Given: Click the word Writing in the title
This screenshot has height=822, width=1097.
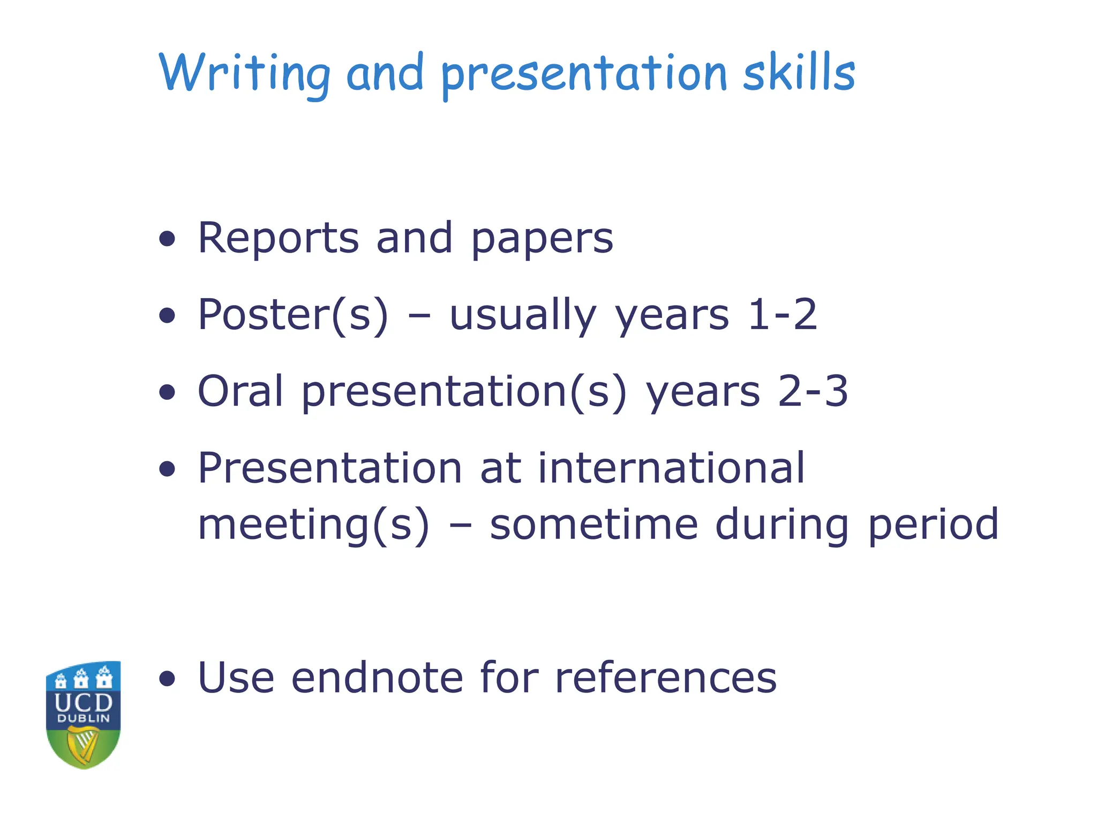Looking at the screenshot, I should [x=244, y=74].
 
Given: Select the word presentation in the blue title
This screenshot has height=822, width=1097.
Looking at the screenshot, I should [x=584, y=75].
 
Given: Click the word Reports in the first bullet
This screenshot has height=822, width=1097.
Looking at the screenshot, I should [x=278, y=238].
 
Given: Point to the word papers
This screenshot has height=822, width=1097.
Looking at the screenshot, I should [x=542, y=239].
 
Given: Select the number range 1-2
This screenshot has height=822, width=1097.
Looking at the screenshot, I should [x=782, y=315].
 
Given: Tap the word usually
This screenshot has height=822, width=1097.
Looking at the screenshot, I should [x=522, y=316].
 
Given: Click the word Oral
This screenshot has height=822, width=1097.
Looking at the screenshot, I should [x=240, y=391].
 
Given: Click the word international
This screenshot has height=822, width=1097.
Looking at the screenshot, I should [x=671, y=468].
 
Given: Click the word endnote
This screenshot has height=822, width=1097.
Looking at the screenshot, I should [x=377, y=678].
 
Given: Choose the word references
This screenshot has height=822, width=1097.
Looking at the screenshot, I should [x=665, y=678].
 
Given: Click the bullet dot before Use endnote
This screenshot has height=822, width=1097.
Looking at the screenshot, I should [x=168, y=679].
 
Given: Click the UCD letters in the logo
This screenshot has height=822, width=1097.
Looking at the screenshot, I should [x=84, y=702].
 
